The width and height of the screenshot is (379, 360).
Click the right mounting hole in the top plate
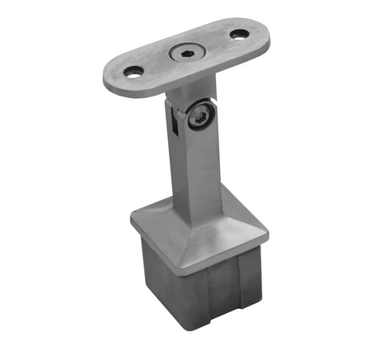pos(239,35)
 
